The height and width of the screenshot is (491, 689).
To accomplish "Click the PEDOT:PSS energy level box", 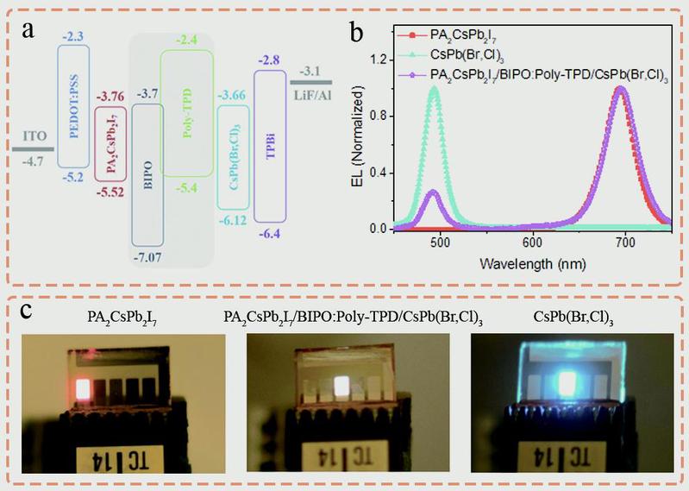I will [x=72, y=105].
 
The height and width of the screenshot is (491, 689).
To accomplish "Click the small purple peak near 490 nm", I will [x=433, y=192].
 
